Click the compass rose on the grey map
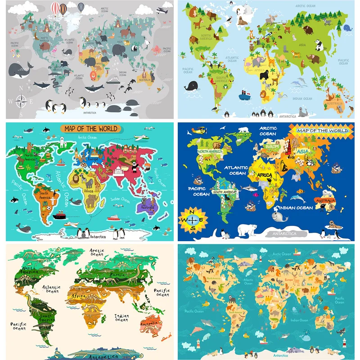(x=21, y=100)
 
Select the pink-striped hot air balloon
(x=55, y=8)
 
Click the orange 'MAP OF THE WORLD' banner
(x=90, y=129)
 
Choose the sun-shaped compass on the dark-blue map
(x=192, y=219)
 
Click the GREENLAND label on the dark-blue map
(x=243, y=135)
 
